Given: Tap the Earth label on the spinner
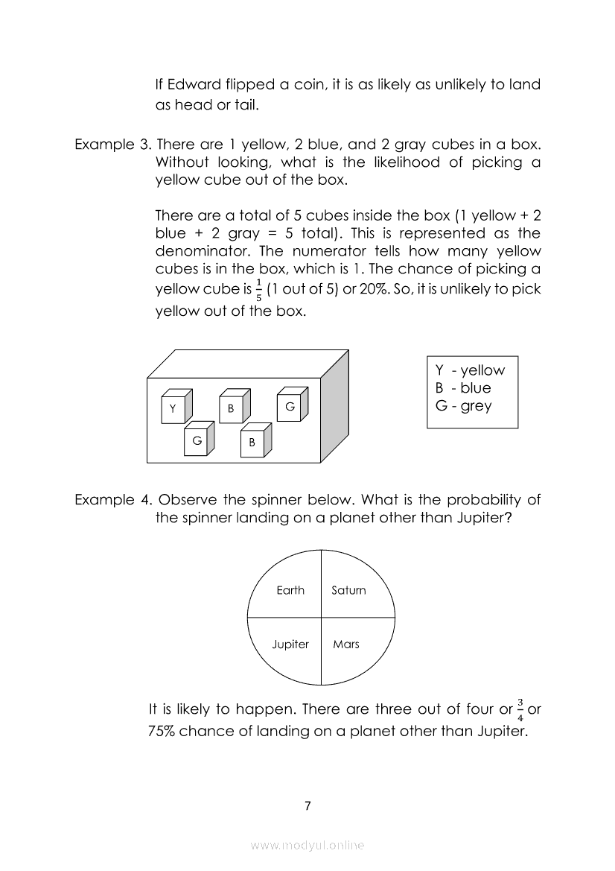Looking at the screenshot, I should [290, 590].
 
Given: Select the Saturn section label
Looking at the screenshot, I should [348, 590].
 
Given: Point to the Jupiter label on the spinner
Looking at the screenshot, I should [290, 644].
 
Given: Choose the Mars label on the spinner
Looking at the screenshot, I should [346, 644].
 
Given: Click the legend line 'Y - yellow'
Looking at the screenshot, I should [470, 370].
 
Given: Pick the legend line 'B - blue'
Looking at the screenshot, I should [463, 388].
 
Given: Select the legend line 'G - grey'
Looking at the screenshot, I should [463, 406].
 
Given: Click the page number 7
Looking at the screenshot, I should [307, 806].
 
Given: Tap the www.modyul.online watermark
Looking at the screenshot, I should [307, 845].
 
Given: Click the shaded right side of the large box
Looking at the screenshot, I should [335, 406].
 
